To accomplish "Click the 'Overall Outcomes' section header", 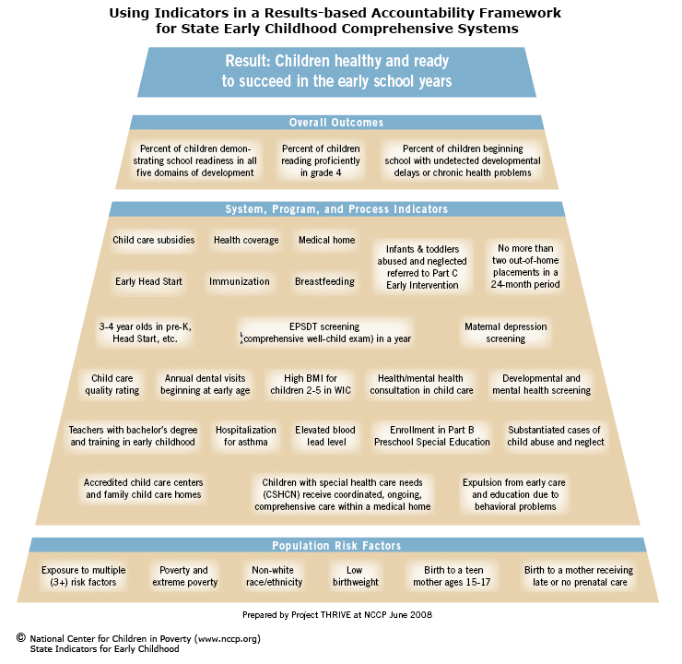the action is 336,123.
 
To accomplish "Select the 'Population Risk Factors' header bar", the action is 336,545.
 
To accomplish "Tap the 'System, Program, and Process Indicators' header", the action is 336,208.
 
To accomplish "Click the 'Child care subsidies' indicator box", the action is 154,240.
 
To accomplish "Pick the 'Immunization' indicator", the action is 240,281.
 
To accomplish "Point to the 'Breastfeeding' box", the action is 325,281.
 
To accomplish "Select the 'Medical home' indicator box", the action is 326,240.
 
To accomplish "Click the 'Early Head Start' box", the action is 148,281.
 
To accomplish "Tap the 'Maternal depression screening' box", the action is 505,332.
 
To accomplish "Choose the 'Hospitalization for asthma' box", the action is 246,436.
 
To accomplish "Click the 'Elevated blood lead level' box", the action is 325,436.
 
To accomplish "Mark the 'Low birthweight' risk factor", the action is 356,576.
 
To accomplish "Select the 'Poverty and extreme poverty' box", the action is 184,576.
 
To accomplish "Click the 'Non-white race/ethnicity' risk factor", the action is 274,576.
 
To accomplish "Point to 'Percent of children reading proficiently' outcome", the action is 321,160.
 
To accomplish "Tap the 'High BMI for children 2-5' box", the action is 311,385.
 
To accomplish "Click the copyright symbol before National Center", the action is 21,638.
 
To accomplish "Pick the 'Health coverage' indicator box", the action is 246,240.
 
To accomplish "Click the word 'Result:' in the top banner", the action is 246,61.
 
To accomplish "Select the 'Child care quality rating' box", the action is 112,385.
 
